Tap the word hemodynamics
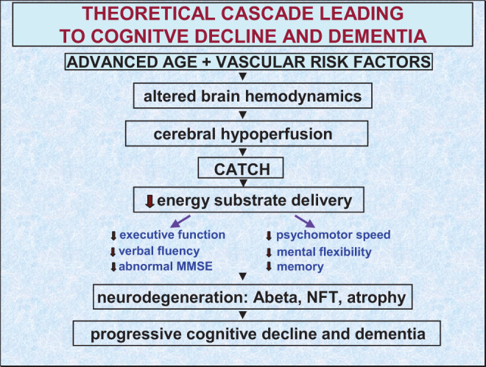303,96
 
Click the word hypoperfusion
276,135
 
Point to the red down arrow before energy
150,201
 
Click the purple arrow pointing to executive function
180,221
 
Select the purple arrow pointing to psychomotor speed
305,221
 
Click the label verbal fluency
159,251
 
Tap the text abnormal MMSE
166,266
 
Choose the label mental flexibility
324,252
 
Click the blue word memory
300,267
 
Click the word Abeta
278,298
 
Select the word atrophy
376,299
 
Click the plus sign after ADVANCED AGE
206,63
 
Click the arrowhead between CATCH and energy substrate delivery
243,183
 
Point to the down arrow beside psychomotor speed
269,236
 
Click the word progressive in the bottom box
135,335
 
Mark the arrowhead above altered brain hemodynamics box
243,76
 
